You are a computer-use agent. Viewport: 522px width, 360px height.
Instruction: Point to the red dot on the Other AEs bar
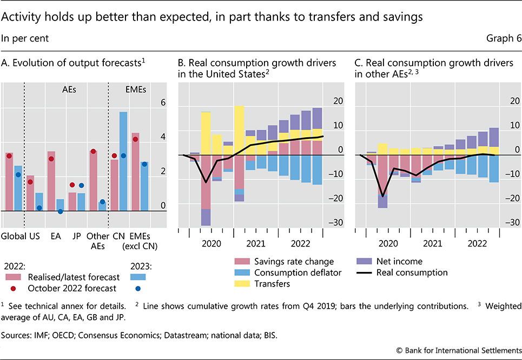pyautogui.click(x=93, y=151)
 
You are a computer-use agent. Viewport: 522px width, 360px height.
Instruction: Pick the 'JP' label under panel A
pyautogui.click(x=76, y=236)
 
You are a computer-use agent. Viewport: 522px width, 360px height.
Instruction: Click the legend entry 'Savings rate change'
pyautogui.click(x=303, y=262)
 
